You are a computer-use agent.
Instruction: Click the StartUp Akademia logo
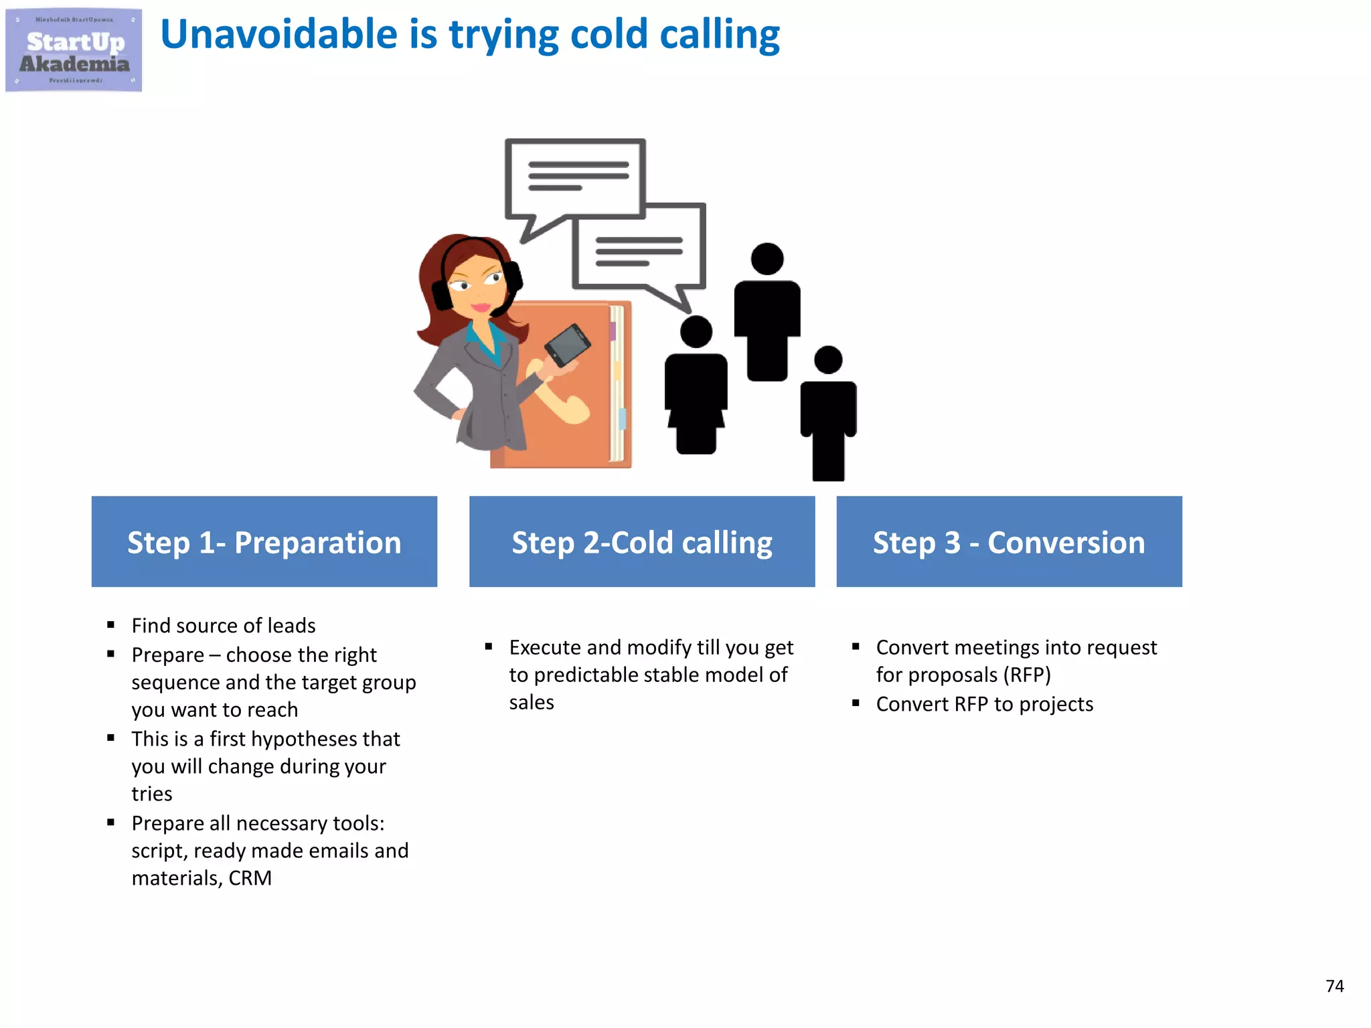(x=74, y=50)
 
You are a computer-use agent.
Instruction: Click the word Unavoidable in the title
(x=278, y=35)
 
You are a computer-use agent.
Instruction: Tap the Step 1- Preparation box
(x=264, y=541)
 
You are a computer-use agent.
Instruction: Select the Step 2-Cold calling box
(x=642, y=541)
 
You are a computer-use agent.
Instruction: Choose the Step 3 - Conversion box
(x=1009, y=541)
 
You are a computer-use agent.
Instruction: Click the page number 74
(x=1334, y=986)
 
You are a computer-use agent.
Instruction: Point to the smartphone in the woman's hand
(x=568, y=345)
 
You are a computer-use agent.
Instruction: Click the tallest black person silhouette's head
(x=767, y=259)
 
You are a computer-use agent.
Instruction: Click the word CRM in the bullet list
(x=250, y=878)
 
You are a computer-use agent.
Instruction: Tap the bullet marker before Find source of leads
(x=111, y=625)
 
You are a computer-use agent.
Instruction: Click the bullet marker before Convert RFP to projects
(x=856, y=703)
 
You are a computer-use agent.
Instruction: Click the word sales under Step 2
(x=532, y=703)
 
